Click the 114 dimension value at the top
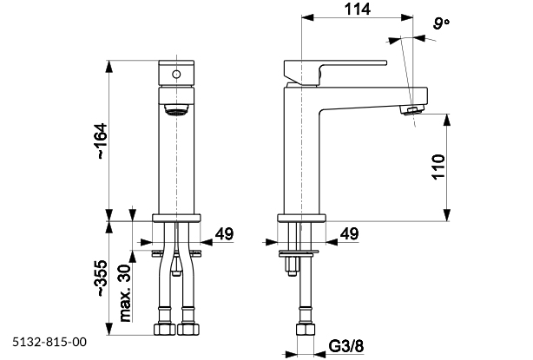pyautogui.click(x=357, y=10)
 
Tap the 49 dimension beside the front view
pyautogui.click(x=223, y=234)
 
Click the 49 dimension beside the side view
pyautogui.click(x=350, y=234)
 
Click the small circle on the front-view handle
pyautogui.click(x=176, y=74)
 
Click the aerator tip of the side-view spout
pyautogui.click(x=411, y=109)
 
